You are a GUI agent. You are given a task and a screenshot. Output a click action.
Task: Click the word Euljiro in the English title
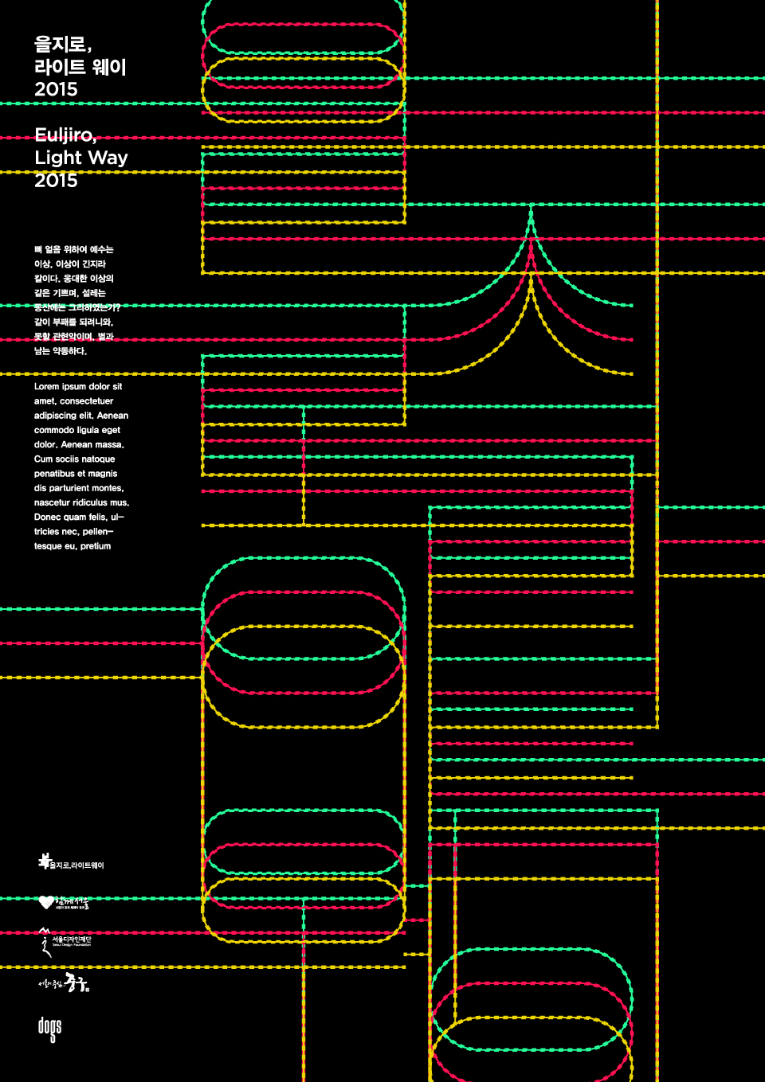tap(64, 135)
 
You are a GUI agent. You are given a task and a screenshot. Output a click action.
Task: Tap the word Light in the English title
tap(58, 158)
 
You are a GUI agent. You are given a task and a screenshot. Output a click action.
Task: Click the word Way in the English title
tap(108, 158)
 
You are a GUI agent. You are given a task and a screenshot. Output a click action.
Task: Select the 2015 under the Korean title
tap(56, 89)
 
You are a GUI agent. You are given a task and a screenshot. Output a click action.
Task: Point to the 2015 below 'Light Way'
tap(56, 181)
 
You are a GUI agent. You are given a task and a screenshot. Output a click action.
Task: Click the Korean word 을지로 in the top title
tap(62, 45)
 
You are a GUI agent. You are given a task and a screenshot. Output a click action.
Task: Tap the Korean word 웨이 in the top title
tap(109, 67)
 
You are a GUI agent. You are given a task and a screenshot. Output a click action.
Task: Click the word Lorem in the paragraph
tap(46, 387)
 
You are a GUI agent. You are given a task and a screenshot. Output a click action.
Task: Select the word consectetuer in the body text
tap(86, 401)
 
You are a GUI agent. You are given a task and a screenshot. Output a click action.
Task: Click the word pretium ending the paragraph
tap(96, 546)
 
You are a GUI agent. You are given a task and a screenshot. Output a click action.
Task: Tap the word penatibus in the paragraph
tap(54, 474)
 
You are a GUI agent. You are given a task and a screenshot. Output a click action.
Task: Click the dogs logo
tap(49, 1029)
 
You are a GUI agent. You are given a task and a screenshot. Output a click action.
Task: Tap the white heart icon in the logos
tap(46, 902)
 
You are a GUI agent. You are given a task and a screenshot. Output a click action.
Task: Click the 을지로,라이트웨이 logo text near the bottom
tap(76, 865)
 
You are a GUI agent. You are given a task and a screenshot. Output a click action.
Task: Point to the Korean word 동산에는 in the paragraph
tap(49, 307)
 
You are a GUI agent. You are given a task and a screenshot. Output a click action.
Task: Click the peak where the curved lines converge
tap(532, 209)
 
